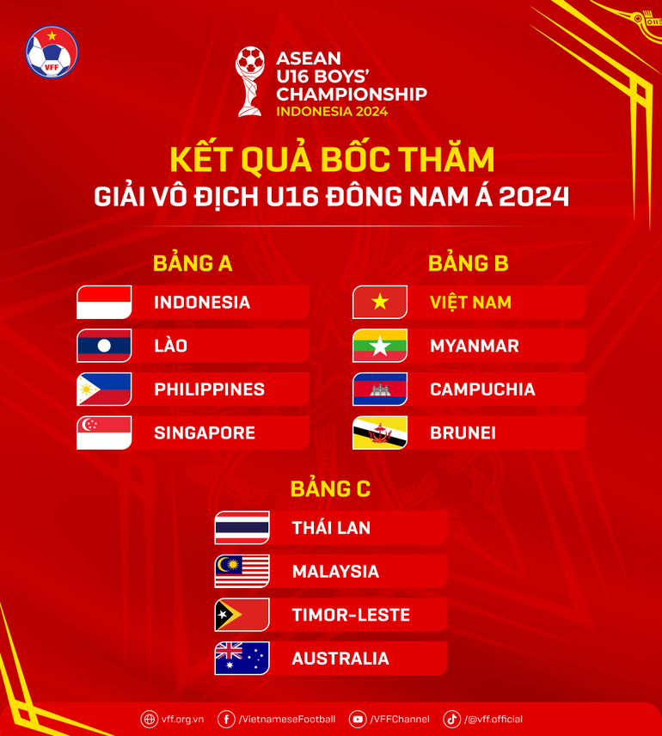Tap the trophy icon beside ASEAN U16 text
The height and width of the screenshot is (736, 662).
coord(250,82)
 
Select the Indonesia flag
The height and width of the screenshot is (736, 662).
coord(104,303)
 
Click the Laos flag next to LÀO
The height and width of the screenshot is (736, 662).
coord(104,346)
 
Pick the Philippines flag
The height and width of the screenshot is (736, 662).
coord(104,389)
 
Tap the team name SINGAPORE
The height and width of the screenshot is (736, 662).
coord(205,433)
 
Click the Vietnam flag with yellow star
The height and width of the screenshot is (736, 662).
coord(380,303)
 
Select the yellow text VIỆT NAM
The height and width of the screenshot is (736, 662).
coord(470,303)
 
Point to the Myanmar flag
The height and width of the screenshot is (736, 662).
coord(380,346)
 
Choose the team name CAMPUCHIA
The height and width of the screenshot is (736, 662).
coord(482,389)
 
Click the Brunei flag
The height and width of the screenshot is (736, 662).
coord(380,433)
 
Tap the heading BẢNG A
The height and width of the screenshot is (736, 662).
coord(193,263)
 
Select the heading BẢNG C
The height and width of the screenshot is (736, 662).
coord(330,488)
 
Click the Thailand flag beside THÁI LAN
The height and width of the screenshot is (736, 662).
coord(242,528)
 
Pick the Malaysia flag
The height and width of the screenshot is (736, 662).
coord(242,572)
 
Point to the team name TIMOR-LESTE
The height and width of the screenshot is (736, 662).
coord(351,616)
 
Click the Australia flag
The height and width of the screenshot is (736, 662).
coord(242,659)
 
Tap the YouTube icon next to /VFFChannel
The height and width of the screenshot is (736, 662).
coord(358,719)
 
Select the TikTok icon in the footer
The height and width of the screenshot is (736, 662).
coord(451,719)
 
